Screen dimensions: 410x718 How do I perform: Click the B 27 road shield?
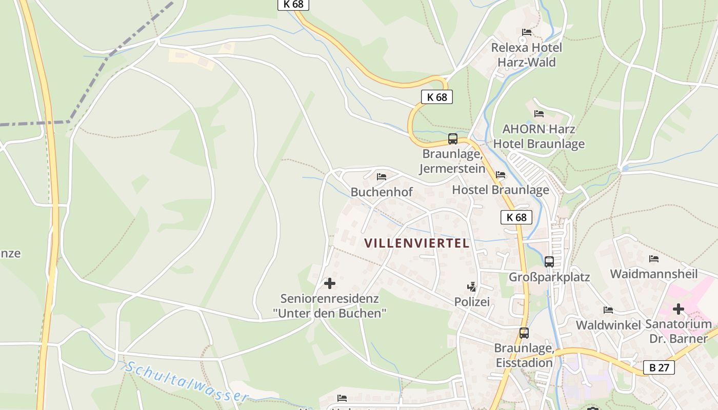pos(659,367)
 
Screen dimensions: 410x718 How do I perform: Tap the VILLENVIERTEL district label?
pos(417,243)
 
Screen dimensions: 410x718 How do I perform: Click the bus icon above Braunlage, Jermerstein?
pos(452,138)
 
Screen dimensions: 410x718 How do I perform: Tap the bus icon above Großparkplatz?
pos(549,261)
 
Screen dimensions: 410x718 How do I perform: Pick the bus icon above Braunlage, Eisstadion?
pos(524,333)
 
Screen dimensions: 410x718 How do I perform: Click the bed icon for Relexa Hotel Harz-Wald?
pos(526,32)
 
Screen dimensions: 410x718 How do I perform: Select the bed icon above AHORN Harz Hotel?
pos(538,113)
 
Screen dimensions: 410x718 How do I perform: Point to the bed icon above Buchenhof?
pos(381,177)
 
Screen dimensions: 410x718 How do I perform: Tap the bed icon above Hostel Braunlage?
pos(501,175)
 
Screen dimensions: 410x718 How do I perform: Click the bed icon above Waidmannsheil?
pos(653,258)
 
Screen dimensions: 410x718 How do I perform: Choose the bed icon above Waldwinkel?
pos(608,310)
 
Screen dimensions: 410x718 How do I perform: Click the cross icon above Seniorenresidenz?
pos(329,283)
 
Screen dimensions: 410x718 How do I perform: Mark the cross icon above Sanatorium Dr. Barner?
pos(678,309)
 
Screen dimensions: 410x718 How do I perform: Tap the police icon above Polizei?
pos(471,286)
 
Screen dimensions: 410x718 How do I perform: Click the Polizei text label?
pos(472,302)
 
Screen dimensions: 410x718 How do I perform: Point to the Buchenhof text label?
pos(382,192)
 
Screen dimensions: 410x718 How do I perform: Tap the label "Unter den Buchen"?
pos(330,313)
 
